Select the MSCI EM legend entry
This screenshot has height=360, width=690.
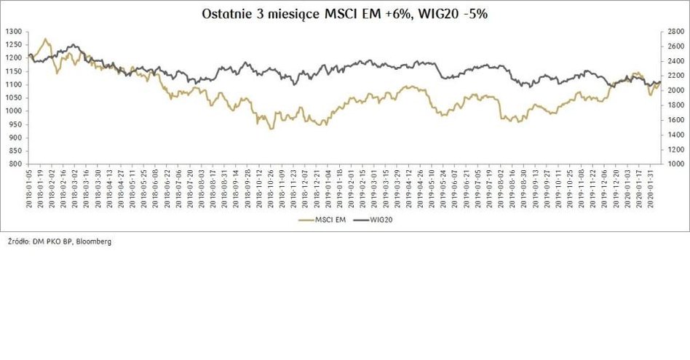(320, 217)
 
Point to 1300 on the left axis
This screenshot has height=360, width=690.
(14, 32)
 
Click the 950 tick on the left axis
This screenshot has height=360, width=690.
(16, 124)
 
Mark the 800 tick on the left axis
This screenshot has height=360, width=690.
(16, 164)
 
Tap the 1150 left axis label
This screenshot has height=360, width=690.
(14, 71)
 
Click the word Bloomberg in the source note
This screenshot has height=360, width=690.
(94, 241)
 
